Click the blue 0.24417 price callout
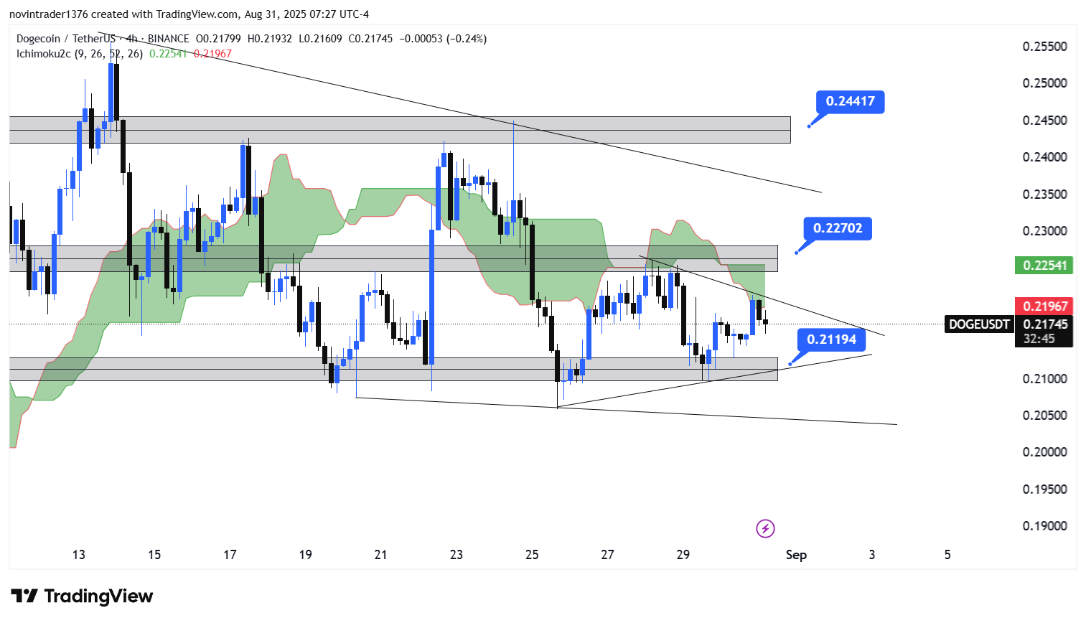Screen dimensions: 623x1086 point(850,101)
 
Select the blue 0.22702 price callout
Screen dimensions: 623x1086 point(837,228)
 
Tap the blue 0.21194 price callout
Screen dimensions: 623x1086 point(831,339)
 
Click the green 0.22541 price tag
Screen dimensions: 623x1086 point(1044,266)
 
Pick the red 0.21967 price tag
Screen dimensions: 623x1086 point(1044,306)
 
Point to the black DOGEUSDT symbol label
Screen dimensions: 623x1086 point(978,324)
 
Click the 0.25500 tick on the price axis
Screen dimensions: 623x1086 point(1044,47)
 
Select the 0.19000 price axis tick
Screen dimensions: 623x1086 point(1044,526)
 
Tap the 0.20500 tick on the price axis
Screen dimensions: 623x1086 point(1044,416)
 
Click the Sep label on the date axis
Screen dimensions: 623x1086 point(796,555)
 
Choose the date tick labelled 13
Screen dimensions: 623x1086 point(79,555)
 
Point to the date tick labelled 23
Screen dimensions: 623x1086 point(457,555)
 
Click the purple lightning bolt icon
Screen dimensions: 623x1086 point(765,529)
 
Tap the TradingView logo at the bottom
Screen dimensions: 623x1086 point(82,596)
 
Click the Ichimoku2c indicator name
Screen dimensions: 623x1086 point(43,54)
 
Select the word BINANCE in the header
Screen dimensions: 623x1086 point(169,39)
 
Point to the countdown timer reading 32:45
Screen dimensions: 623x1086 point(1039,339)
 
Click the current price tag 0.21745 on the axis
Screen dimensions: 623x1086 point(1045,324)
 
